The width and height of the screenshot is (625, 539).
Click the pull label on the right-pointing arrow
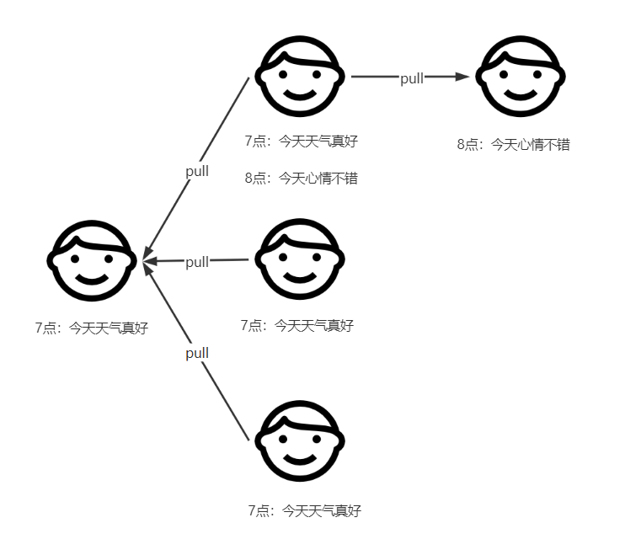pyautogui.click(x=412, y=78)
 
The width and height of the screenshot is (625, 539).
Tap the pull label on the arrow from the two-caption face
pyautogui.click(x=197, y=171)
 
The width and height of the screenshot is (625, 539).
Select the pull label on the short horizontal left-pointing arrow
pyautogui.click(x=196, y=262)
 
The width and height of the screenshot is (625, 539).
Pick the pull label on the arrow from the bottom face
pyautogui.click(x=197, y=353)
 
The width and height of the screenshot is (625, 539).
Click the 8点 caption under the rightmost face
pyautogui.click(x=513, y=144)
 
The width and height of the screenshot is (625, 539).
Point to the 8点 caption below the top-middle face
pyautogui.click(x=301, y=178)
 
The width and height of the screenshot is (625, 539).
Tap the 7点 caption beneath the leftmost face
pyautogui.click(x=91, y=328)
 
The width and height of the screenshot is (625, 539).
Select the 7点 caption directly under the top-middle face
pyautogui.click(x=301, y=141)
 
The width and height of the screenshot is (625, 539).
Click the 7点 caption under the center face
pyautogui.click(x=296, y=325)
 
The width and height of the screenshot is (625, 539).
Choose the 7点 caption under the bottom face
pyautogui.click(x=304, y=510)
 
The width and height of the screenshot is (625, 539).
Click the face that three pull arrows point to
pyautogui.click(x=91, y=260)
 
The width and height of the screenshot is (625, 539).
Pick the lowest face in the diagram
pyautogui.click(x=301, y=444)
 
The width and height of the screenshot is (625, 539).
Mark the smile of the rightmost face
pyautogui.click(x=520, y=93)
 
